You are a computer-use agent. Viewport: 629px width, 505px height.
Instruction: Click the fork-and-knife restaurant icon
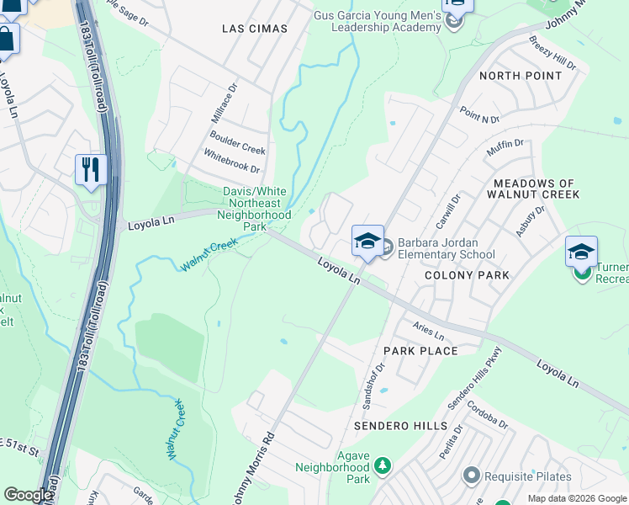pos(90,168)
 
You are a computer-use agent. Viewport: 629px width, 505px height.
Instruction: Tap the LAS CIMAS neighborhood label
pos(254,29)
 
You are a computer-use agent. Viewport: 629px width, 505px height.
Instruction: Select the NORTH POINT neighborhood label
pos(520,76)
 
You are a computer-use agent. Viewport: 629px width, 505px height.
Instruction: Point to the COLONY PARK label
pos(467,275)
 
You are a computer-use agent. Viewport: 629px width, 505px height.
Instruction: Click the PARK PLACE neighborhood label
pos(420,351)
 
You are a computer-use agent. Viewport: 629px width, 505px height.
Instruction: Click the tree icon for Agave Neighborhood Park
pos(383,465)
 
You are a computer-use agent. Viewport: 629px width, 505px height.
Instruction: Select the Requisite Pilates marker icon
pos(471,476)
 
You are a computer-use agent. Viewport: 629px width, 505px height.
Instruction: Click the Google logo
pos(28,495)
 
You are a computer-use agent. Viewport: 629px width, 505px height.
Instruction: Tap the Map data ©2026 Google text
pos(577,498)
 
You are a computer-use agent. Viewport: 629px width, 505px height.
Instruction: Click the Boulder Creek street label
pos(238,142)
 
